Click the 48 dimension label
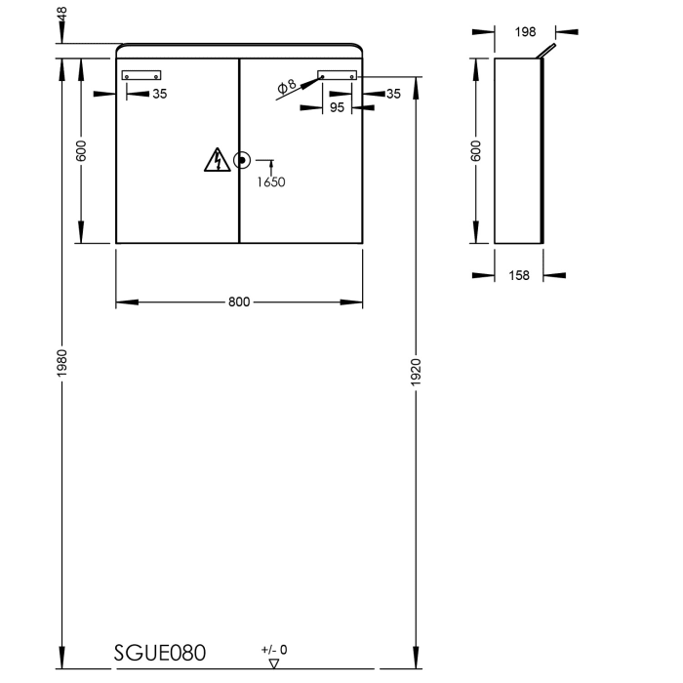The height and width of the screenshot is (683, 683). [x=62, y=17]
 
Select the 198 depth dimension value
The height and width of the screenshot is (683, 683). [x=525, y=31]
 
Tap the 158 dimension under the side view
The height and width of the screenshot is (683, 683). [x=520, y=276]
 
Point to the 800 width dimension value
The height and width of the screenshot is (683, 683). [x=239, y=301]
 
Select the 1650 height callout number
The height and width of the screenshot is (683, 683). [x=271, y=181]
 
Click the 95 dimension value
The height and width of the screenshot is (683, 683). [x=337, y=108]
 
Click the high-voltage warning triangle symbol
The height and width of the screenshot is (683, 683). [x=216, y=160]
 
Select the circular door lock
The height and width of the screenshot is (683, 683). [x=241, y=160]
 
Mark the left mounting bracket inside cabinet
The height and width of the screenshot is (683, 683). [x=141, y=75]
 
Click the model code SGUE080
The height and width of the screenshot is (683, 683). [x=160, y=652]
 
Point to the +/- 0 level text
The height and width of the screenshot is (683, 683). [x=274, y=649]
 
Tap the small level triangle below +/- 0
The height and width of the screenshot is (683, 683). [x=273, y=663]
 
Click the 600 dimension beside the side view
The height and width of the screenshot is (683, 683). [x=476, y=150]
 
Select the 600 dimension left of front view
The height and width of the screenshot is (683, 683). [x=82, y=150]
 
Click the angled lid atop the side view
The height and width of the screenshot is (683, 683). [x=549, y=51]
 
